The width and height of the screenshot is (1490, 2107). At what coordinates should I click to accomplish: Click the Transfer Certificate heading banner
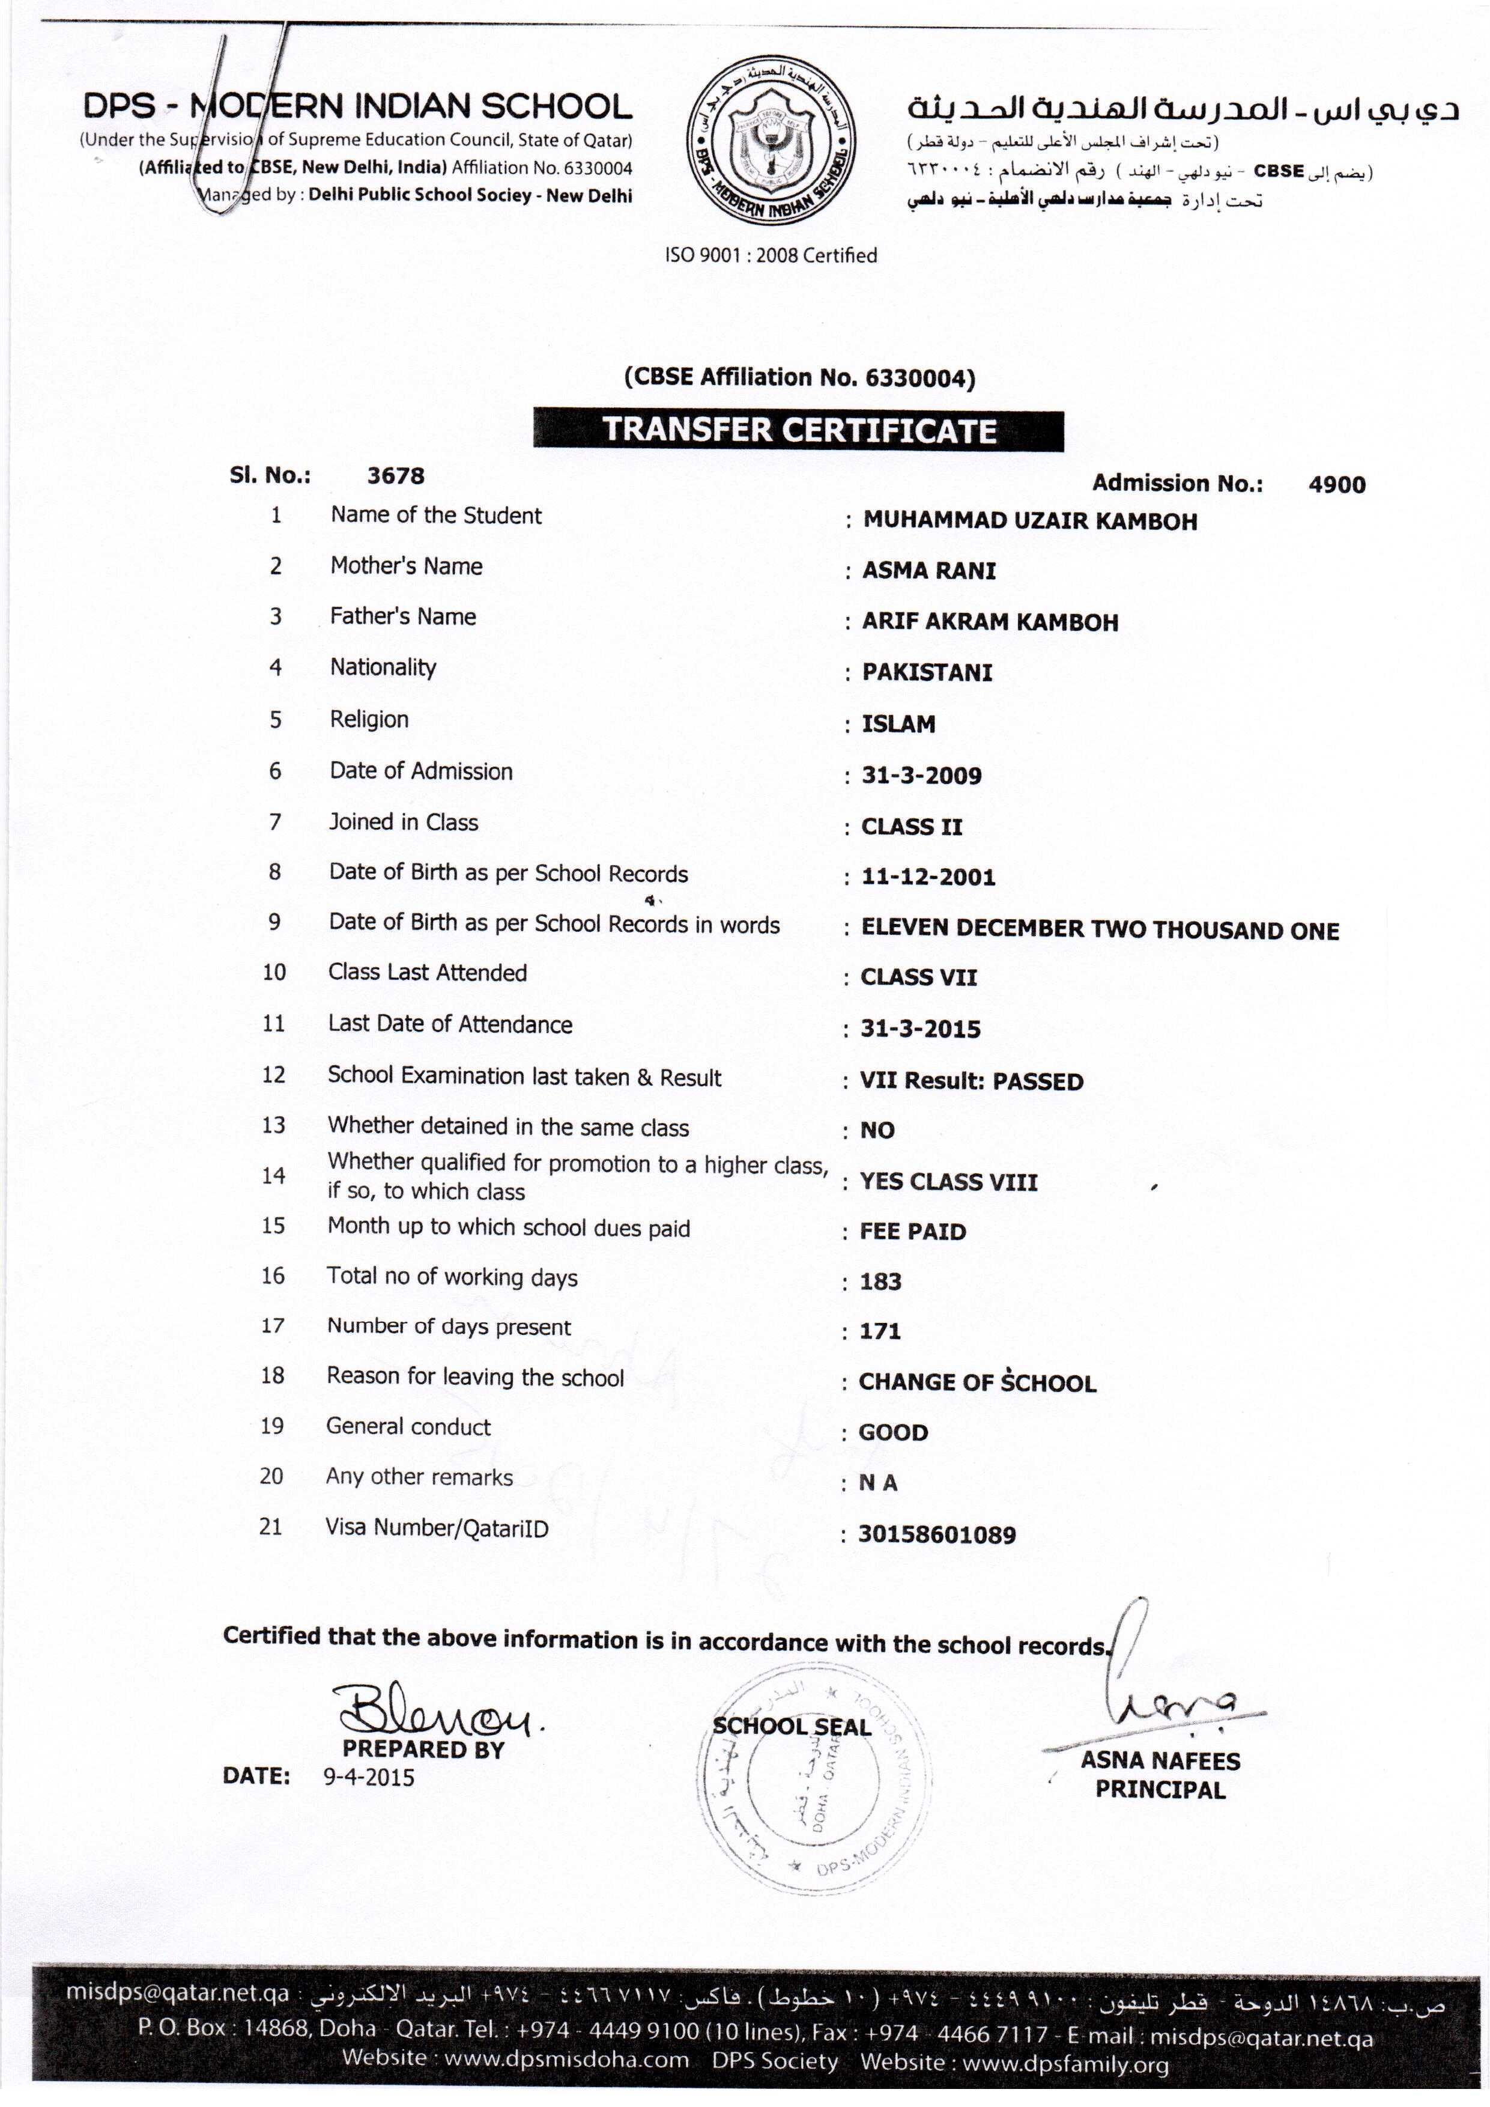(x=798, y=430)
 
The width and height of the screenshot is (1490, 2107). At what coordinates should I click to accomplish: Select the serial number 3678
(x=395, y=475)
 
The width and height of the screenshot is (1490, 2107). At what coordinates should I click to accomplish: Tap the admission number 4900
(x=1336, y=484)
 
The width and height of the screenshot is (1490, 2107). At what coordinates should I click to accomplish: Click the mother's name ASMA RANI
(x=928, y=571)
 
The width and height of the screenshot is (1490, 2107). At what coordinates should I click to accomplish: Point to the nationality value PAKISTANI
(x=927, y=673)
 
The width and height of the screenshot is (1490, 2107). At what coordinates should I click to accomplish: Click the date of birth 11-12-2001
(x=928, y=877)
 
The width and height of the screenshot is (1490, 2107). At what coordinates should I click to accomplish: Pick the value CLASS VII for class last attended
(x=918, y=977)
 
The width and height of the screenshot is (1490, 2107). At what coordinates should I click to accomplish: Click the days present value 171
(x=880, y=1331)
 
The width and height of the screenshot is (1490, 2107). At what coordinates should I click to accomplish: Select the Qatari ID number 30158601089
(x=937, y=1534)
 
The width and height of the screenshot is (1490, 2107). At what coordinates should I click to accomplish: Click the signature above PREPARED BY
(x=437, y=1709)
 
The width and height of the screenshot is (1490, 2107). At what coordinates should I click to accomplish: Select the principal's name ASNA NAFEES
(x=1160, y=1760)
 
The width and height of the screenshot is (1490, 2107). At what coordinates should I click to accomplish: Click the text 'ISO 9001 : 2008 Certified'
(x=771, y=255)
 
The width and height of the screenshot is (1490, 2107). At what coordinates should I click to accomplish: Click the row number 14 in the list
(x=273, y=1176)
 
